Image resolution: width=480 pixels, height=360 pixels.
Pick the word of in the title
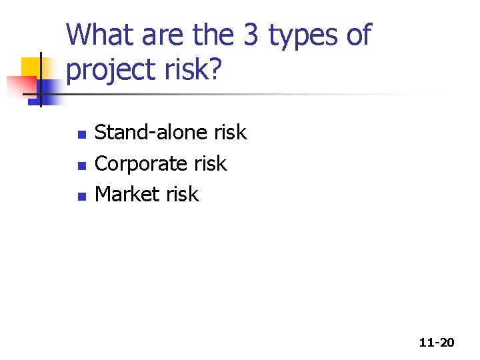(x=358, y=35)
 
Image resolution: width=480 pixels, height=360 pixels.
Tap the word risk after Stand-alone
(x=230, y=133)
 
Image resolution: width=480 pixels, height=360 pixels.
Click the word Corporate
(x=142, y=163)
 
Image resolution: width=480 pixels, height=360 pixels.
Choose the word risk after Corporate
(x=210, y=163)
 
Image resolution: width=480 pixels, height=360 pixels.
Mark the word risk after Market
(x=182, y=194)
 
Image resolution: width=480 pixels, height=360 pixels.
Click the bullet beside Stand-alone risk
(x=81, y=135)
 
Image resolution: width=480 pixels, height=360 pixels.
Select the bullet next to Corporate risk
(x=81, y=165)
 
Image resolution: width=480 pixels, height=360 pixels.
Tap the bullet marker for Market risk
(x=81, y=196)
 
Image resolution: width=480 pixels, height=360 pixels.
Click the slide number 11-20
(x=437, y=343)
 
